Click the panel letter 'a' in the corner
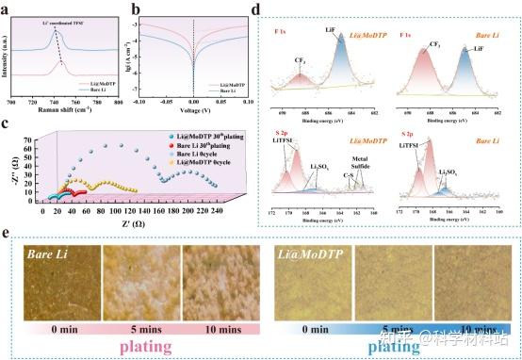click(x=8, y=8)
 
